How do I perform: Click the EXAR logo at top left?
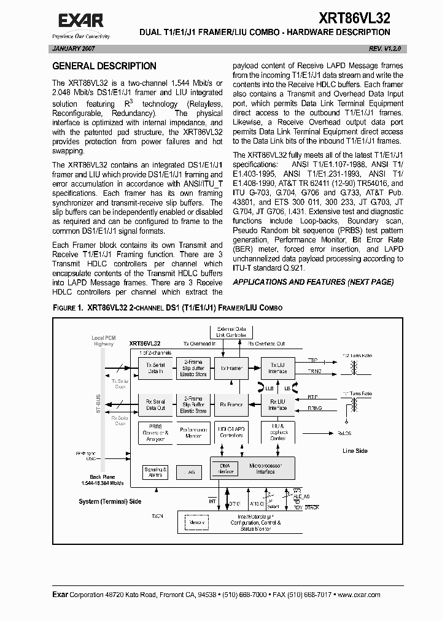click(81, 21)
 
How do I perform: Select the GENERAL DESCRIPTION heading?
click(104, 66)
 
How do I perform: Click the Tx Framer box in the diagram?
click(231, 368)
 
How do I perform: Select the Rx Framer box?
click(231, 405)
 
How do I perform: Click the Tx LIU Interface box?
click(277, 368)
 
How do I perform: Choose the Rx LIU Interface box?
click(277, 405)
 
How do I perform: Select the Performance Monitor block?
click(193, 433)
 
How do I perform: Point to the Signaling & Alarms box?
click(155, 472)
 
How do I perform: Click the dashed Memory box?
click(197, 523)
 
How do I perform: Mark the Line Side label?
click(354, 451)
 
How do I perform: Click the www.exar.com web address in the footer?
click(359, 595)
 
